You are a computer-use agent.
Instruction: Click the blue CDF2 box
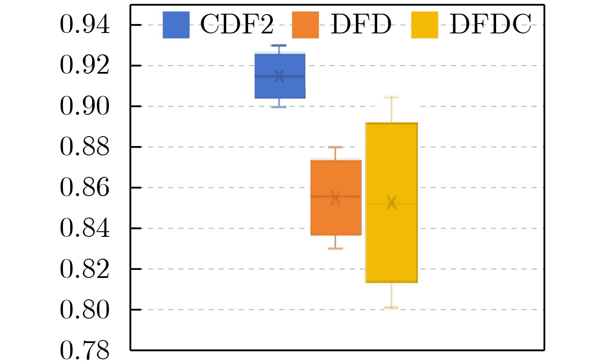click(x=280, y=86)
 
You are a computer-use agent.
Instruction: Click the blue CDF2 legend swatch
click(x=176, y=25)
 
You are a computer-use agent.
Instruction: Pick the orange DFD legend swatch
click(x=305, y=25)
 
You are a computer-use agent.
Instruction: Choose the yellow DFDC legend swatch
click(x=424, y=25)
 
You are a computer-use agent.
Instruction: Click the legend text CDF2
click(x=236, y=25)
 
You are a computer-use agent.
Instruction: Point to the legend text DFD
click(x=361, y=25)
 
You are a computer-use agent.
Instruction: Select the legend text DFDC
click(x=490, y=25)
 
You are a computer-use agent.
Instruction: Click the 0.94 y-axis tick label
click(x=85, y=25)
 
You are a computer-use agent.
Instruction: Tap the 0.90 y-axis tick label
click(x=85, y=106)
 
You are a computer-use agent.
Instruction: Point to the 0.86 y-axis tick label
click(x=85, y=188)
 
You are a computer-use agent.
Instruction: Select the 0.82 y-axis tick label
click(x=85, y=269)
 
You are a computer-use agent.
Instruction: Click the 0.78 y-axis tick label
click(x=85, y=350)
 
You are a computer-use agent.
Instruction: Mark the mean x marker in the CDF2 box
click(x=279, y=76)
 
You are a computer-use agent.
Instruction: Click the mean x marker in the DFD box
click(x=335, y=197)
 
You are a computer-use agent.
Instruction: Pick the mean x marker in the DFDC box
click(x=391, y=202)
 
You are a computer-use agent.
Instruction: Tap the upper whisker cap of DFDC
click(x=391, y=97)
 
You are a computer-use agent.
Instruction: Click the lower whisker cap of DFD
click(x=336, y=248)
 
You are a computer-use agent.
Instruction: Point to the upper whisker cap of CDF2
click(x=279, y=45)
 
